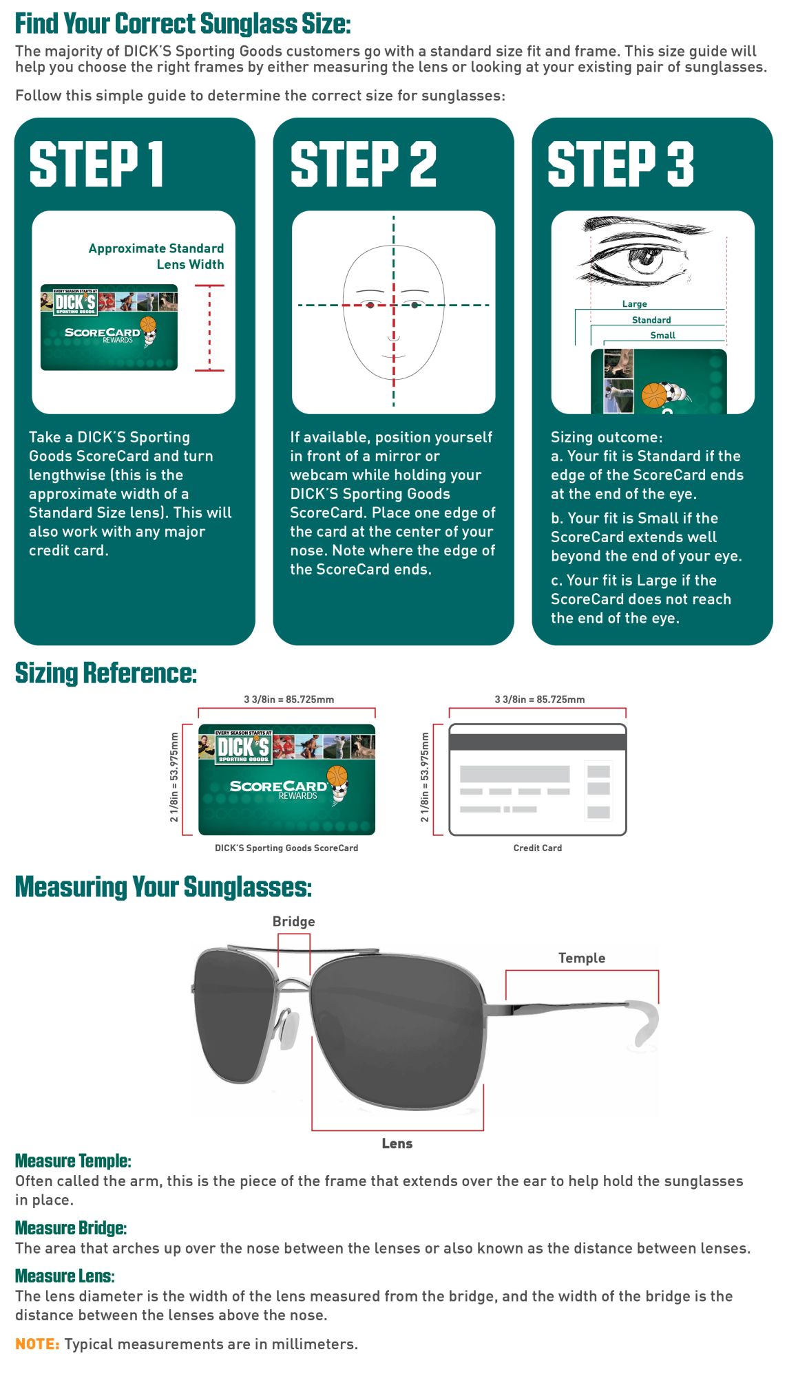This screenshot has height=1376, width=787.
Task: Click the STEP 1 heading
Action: (96, 164)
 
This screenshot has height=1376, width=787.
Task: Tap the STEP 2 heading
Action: (363, 164)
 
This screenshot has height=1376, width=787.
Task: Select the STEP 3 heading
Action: (620, 164)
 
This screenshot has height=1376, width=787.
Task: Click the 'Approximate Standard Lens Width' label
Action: (156, 256)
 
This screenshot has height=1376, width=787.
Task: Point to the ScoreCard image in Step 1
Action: (109, 327)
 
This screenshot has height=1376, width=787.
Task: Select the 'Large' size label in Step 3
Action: (634, 303)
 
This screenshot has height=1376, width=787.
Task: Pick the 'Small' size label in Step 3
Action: (662, 335)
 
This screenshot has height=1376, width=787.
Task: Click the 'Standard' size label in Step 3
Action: (651, 320)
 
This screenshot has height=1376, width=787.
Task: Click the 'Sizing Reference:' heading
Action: (106, 673)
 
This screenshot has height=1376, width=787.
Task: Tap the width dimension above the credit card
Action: (539, 699)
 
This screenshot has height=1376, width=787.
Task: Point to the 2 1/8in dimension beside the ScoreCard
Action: (174, 777)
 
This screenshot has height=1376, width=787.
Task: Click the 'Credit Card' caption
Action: (537, 848)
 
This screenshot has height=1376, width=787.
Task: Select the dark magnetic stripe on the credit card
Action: (537, 742)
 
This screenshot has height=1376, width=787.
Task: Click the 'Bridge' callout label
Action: (293, 921)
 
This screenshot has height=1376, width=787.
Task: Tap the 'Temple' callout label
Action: (581, 958)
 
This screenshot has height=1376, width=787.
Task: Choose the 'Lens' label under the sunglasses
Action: (397, 1143)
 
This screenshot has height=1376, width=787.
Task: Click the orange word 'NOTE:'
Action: (37, 1344)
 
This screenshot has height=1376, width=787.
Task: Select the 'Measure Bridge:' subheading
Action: (71, 1228)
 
